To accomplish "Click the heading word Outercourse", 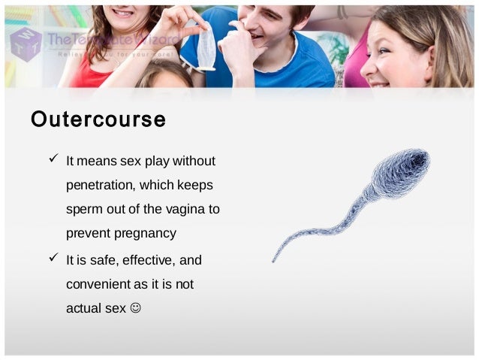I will (x=98, y=119).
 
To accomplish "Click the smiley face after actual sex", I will (x=135, y=308).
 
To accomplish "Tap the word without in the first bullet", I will (x=194, y=161).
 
